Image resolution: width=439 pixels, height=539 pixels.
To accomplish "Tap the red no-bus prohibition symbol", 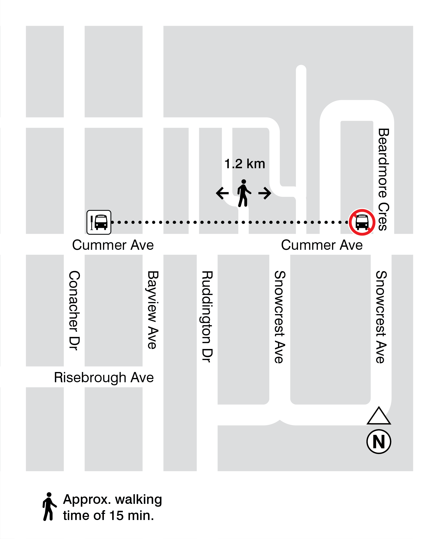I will click(x=362, y=222).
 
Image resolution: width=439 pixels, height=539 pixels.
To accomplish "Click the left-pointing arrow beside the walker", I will click(x=222, y=193).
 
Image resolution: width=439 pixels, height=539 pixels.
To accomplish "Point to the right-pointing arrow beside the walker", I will click(x=265, y=193).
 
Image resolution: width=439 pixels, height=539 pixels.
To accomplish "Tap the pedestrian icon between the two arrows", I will click(x=244, y=193).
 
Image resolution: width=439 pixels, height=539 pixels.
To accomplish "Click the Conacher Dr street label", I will click(x=74, y=310).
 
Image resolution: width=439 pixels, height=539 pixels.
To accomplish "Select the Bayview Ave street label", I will click(x=153, y=310).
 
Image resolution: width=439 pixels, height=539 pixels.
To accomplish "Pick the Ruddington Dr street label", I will click(x=207, y=317).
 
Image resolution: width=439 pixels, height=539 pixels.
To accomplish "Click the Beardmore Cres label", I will click(x=383, y=179).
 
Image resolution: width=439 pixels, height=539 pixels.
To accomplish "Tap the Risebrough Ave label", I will click(x=104, y=378).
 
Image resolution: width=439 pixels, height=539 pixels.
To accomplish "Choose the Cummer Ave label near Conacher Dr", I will click(x=113, y=245).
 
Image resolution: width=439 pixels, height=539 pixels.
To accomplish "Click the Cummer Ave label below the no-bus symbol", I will click(x=322, y=245).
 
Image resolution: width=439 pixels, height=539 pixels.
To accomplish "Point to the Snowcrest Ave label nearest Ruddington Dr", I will click(x=280, y=317).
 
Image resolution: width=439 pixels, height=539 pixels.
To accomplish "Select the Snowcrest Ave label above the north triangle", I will click(x=381, y=317).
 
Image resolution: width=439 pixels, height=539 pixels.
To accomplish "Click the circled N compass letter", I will click(x=378, y=442).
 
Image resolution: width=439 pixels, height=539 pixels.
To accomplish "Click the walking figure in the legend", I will click(x=49, y=506).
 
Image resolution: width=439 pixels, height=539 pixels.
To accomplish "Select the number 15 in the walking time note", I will click(x=117, y=516).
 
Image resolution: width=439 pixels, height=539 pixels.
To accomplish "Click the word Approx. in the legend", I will click(x=87, y=500).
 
